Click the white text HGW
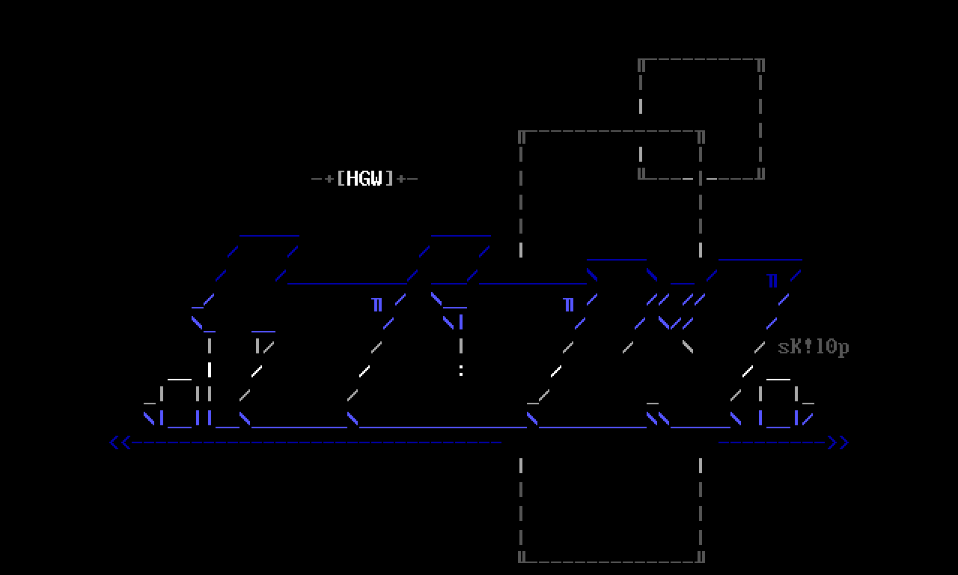365,178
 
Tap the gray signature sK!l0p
814,347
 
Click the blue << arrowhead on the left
120,442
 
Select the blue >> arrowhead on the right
838,442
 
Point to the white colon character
461,370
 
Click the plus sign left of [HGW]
329,179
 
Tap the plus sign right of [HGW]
401,179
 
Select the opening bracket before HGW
341,178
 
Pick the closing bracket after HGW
389,178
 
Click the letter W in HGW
377,178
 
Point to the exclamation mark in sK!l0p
808,347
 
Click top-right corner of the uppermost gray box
760,61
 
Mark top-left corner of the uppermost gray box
641,61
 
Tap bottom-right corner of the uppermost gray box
760,177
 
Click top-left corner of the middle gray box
521,133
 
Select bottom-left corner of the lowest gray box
521,558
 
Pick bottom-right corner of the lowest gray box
701,558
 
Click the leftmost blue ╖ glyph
377,305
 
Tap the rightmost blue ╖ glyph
772,281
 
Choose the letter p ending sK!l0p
843,348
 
